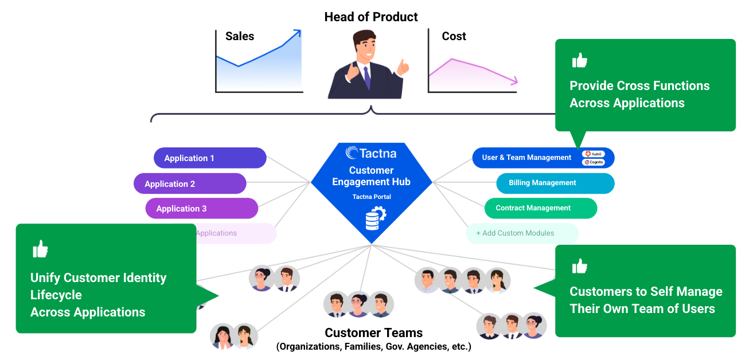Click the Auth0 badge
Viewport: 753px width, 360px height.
pos(593,154)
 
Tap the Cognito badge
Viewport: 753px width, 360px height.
pos(593,162)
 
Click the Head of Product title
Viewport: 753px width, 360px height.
pos(371,17)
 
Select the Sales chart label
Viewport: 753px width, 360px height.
pos(240,36)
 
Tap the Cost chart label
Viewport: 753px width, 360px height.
pos(454,36)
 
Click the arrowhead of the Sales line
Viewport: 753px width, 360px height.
pos(296,34)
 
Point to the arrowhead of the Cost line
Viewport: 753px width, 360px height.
pos(514,81)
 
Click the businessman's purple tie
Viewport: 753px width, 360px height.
pos(366,78)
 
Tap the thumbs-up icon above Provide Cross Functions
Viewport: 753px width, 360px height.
pos(580,61)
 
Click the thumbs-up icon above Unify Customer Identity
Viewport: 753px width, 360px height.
pos(40,249)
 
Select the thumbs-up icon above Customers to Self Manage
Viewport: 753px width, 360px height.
pos(580,267)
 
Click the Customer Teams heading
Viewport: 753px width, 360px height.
pos(373,333)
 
